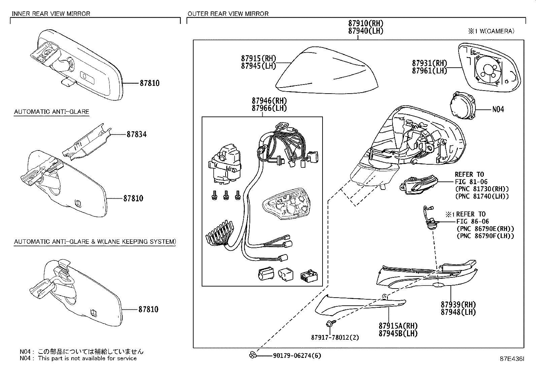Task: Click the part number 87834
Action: pyautogui.click(x=136, y=134)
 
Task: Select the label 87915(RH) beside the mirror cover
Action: pyautogui.click(x=258, y=58)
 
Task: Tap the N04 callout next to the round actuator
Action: pyautogui.click(x=498, y=109)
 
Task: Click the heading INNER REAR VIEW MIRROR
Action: pyautogui.click(x=51, y=14)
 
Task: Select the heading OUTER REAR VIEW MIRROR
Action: pyautogui.click(x=228, y=14)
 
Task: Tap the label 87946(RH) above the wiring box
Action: pyautogui.click(x=269, y=101)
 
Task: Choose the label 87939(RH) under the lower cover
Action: pyautogui.click(x=458, y=304)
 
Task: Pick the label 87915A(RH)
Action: pyautogui.click(x=398, y=326)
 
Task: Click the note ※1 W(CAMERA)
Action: pyautogui.click(x=491, y=31)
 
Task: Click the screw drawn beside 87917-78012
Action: pyautogui.click(x=330, y=324)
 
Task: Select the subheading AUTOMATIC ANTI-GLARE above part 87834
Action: pyautogui.click(x=52, y=111)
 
